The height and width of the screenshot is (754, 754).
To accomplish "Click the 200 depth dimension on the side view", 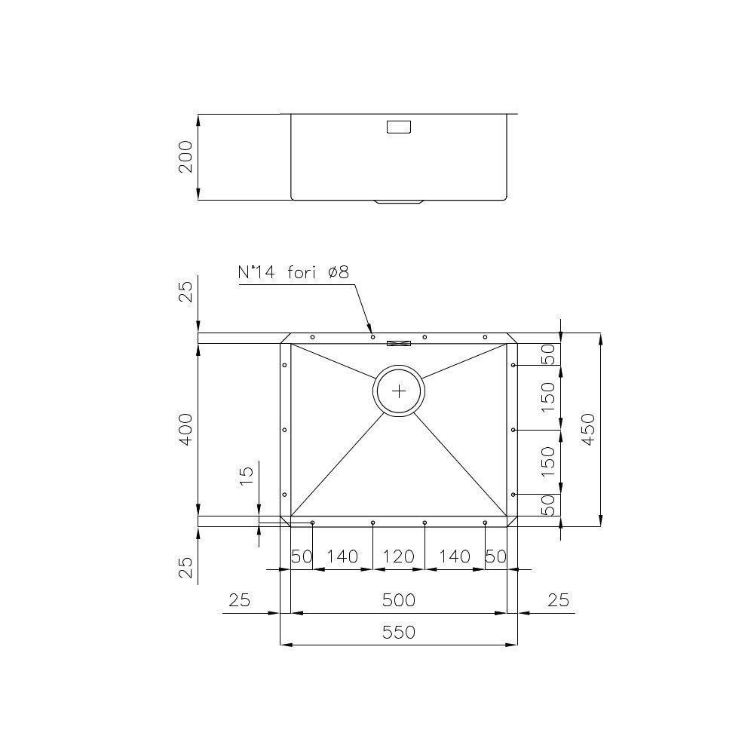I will coord(186,157).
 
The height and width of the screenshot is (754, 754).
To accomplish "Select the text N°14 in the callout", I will coord(258,273).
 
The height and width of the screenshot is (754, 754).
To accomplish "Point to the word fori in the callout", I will coord(303,273).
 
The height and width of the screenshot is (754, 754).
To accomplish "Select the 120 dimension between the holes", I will coord(398,557).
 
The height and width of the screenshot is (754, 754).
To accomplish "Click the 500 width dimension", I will coord(398,600).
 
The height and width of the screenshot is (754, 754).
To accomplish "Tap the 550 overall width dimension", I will coord(398,632).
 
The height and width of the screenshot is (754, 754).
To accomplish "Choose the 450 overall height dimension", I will coord(589,429).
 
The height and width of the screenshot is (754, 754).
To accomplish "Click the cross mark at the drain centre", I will coord(399,391).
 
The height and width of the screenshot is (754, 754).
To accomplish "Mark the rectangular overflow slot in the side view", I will coord(399,127).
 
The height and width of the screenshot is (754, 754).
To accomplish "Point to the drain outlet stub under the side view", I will coord(399,203).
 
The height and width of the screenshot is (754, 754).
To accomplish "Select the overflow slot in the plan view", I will coord(399,344).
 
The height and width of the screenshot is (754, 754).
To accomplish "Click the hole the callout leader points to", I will coord(372,337).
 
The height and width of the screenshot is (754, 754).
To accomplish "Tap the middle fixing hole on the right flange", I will coord(513,430).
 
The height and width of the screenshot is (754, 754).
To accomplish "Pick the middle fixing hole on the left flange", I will coord(284,430).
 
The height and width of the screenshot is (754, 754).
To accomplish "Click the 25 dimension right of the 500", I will coord(558,600).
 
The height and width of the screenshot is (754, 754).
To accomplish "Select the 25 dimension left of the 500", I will coord(239,600).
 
